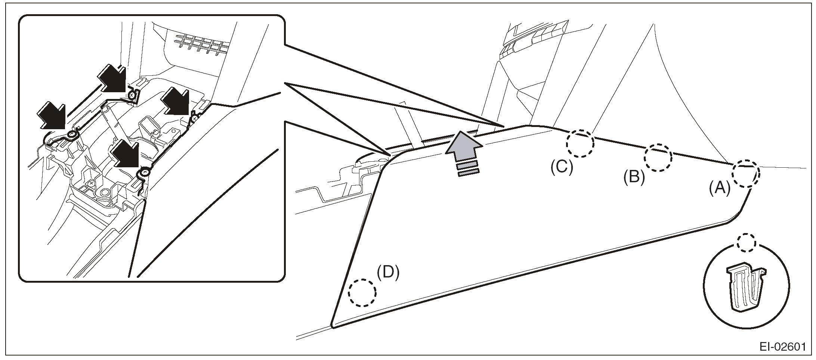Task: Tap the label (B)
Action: [x=634, y=178]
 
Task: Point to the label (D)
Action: [x=388, y=272]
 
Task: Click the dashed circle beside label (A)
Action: [x=745, y=174]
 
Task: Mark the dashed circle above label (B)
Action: [x=658, y=158]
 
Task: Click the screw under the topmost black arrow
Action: [x=132, y=96]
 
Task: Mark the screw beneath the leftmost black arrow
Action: [x=72, y=134]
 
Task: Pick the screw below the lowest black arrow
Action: [x=145, y=173]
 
